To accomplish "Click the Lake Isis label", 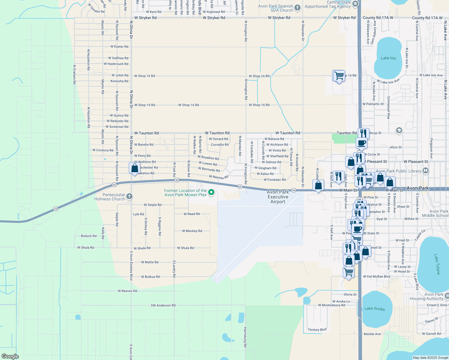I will (388, 58).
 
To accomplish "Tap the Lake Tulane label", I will (437, 264).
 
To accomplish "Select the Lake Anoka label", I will (375, 308).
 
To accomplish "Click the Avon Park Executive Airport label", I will (278, 197).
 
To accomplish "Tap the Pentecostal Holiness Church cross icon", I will (129, 196).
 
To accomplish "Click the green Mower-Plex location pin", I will (211, 192).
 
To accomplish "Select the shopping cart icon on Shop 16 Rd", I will (339, 76).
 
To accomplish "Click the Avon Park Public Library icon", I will (426, 171).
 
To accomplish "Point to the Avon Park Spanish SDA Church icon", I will (297, 8).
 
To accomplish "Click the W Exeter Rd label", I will (119, 46).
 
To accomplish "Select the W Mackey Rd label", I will (192, 231).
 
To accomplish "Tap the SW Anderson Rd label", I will (163, 305).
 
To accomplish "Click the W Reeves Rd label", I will (127, 291).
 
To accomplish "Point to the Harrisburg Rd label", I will (245, 337).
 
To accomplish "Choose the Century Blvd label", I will (317, 330).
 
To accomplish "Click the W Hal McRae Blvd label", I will (377, 277).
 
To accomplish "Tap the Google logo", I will (10, 356).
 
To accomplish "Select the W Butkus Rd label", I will (150, 277).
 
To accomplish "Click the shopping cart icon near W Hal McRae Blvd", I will (348, 272).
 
